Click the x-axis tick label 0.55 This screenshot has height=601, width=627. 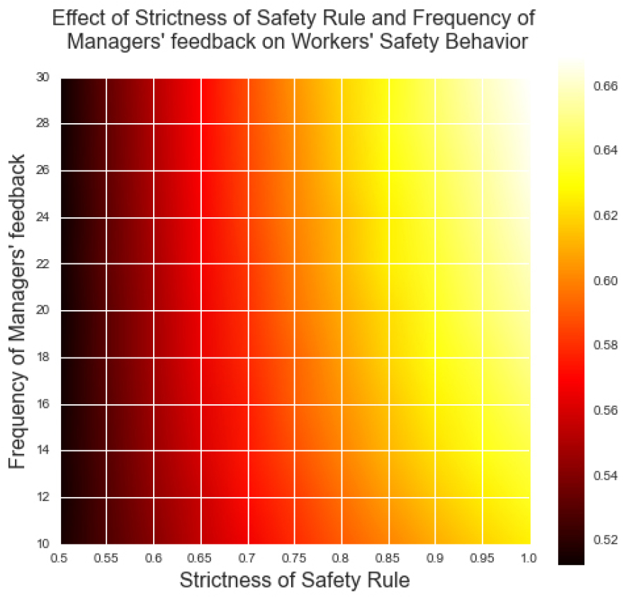[106, 559]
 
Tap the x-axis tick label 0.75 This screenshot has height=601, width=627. [294, 559]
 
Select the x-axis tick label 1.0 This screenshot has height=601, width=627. [529, 559]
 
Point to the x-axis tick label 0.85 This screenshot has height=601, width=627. [388, 559]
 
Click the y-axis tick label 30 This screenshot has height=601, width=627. [43, 76]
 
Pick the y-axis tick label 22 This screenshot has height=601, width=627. [43, 264]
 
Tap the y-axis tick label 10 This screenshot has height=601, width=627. [43, 544]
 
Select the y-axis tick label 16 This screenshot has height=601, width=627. [43, 403]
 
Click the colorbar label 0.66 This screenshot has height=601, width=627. [606, 86]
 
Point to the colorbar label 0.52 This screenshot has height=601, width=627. [606, 540]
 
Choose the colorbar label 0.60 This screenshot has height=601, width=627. [606, 280]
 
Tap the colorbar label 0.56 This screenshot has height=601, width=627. [606, 411]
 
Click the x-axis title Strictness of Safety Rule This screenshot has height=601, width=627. [295, 580]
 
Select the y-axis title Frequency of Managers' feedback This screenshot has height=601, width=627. [17, 311]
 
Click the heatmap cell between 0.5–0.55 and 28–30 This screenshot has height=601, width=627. [83, 101]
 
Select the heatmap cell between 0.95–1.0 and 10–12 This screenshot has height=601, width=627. [507, 521]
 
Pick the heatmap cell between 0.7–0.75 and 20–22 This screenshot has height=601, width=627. [271, 287]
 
